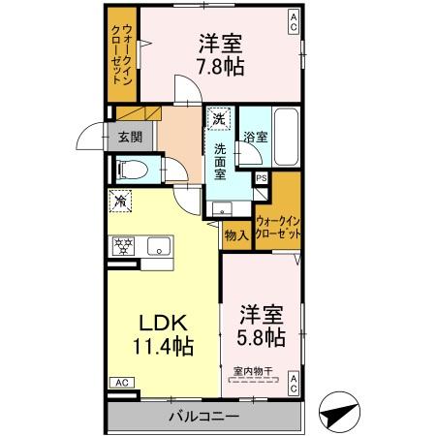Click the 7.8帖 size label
(x=222, y=67)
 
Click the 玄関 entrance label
(x=130, y=138)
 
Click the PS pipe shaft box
(x=262, y=178)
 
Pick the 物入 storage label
(x=235, y=234)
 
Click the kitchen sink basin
(x=158, y=247)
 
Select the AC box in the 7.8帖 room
(x=294, y=16)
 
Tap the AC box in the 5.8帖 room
(x=294, y=384)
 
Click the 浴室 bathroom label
(x=255, y=139)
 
